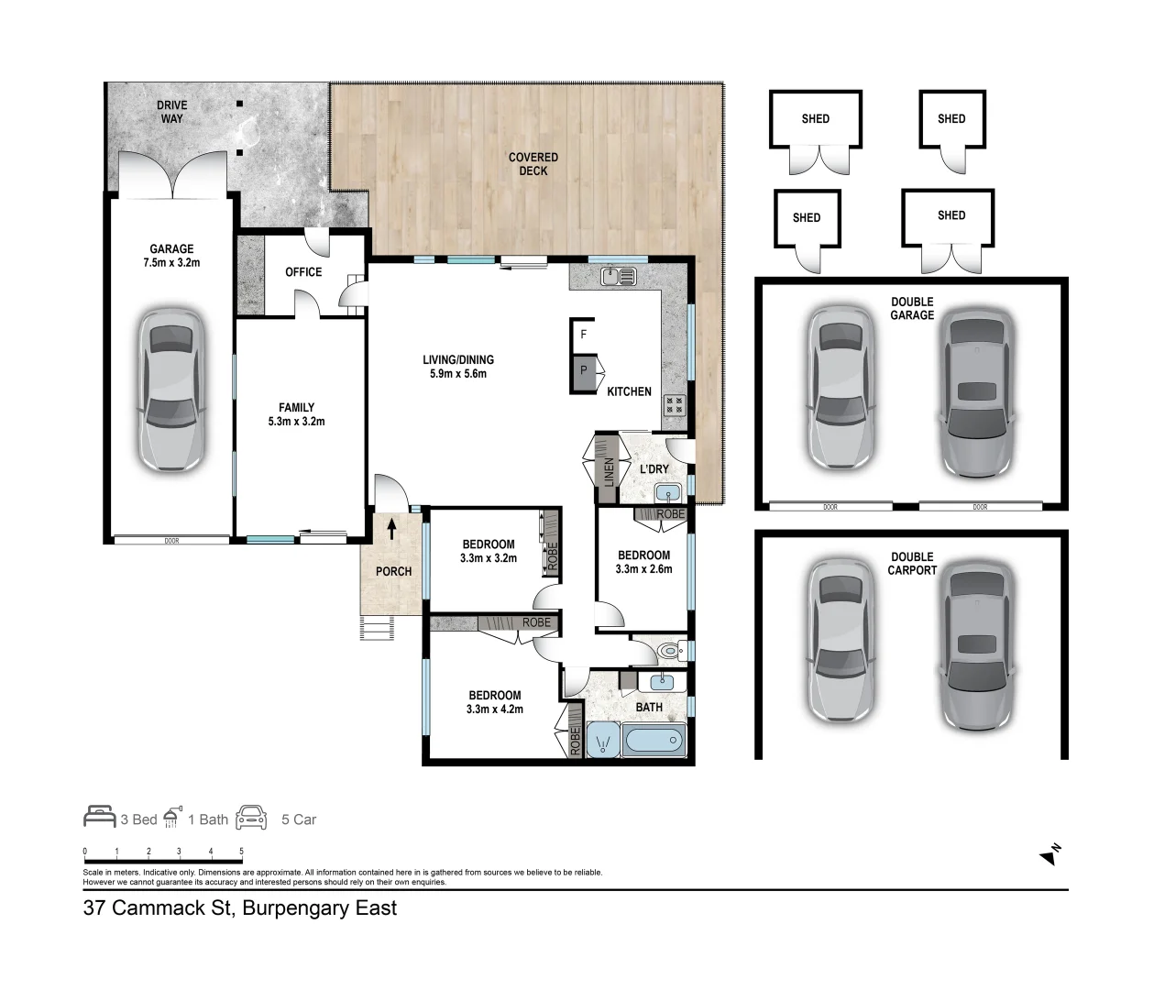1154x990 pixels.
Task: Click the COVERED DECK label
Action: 533,164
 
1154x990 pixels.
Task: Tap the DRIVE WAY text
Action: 171,112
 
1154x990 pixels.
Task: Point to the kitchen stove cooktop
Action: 674,405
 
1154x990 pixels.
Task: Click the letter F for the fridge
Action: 583,335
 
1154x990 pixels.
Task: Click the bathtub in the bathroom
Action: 653,740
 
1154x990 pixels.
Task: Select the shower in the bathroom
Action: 602,739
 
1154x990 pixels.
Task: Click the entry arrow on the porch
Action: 392,528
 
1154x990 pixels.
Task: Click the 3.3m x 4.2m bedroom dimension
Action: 494,709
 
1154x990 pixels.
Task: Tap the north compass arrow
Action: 1050,855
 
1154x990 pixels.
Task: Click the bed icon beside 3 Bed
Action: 99,816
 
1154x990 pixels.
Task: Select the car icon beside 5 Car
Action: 251,816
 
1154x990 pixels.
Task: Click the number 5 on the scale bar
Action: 241,852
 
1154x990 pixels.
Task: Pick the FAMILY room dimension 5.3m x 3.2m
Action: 296,422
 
